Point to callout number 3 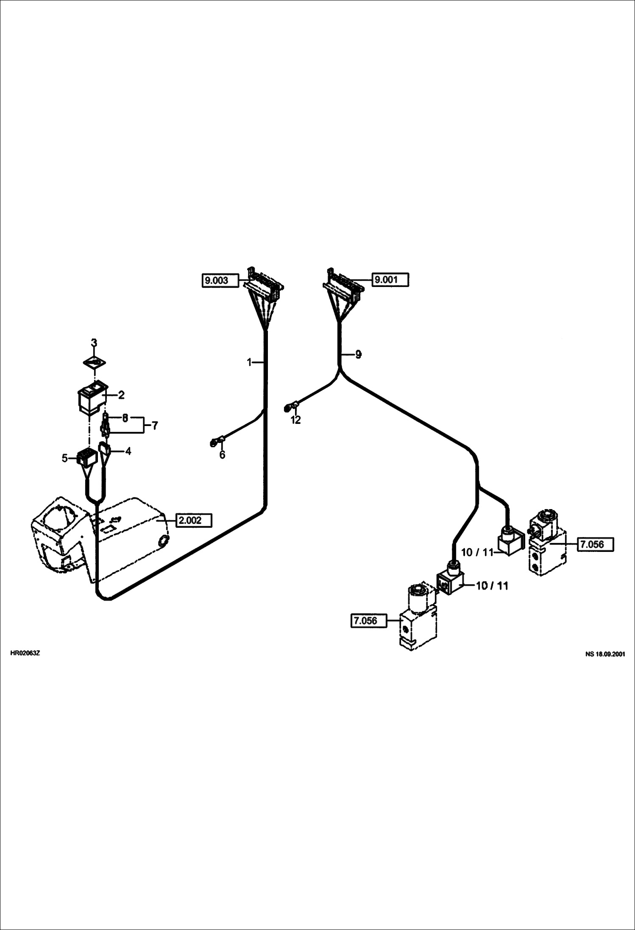click(x=94, y=342)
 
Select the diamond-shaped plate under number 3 click(x=94, y=363)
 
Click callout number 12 click(x=295, y=420)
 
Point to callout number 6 click(x=222, y=455)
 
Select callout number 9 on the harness click(x=358, y=354)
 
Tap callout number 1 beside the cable click(x=250, y=362)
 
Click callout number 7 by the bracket click(x=155, y=425)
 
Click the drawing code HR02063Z click(x=25, y=653)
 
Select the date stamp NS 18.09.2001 click(x=605, y=654)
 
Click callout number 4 click(x=128, y=451)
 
